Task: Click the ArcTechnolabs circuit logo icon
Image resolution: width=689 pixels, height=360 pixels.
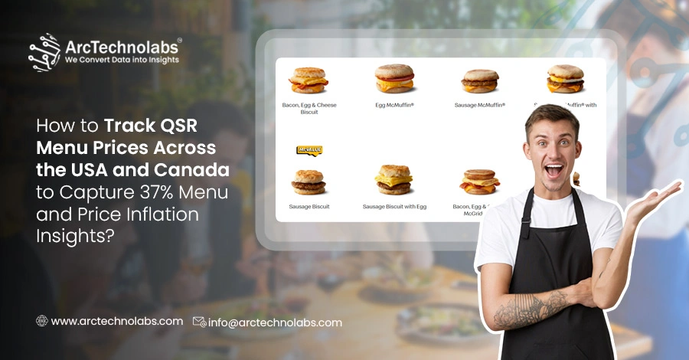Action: pyautogui.click(x=44, y=52)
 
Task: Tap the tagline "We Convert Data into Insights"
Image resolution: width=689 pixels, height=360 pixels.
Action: pyautogui.click(x=122, y=59)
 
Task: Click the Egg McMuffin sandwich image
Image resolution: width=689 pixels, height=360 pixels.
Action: pyautogui.click(x=394, y=79)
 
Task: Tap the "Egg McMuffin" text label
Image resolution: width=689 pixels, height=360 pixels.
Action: pyautogui.click(x=394, y=104)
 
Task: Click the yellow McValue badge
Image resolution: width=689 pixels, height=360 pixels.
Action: pyautogui.click(x=309, y=151)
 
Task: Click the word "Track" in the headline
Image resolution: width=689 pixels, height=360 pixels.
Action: pyautogui.click(x=127, y=125)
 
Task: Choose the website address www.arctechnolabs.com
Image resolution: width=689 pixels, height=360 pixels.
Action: pyautogui.click(x=116, y=322)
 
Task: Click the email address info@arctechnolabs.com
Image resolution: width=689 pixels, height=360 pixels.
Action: pyautogui.click(x=276, y=322)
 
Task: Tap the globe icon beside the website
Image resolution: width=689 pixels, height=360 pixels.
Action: pyautogui.click(x=42, y=322)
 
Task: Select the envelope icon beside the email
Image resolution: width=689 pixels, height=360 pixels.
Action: pyautogui.click(x=199, y=322)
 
